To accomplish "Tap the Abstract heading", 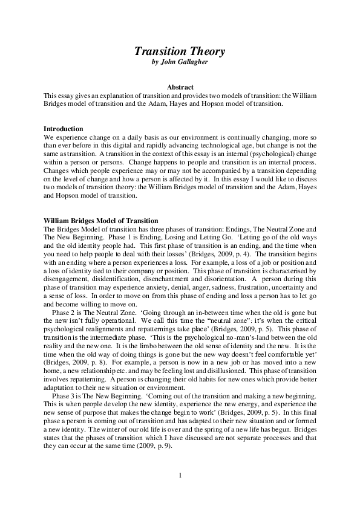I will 180,88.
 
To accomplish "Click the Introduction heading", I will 64,129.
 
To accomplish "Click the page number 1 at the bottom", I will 180,475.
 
